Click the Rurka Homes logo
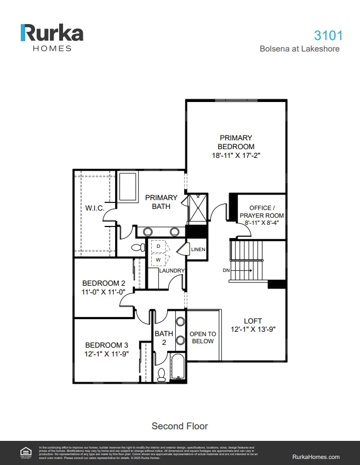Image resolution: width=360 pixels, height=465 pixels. point(52,37)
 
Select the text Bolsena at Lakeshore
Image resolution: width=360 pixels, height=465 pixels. point(299,49)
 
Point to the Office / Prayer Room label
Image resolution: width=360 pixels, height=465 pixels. point(262,212)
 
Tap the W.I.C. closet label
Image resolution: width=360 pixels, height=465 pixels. point(95,208)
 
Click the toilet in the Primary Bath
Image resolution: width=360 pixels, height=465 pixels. point(137,248)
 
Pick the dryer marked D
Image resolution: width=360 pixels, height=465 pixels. point(158,247)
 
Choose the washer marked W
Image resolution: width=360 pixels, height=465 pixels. point(158,259)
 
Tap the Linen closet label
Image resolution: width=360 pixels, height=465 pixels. point(198,250)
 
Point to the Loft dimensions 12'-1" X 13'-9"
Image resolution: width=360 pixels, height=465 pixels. point(253,330)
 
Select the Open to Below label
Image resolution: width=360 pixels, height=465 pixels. point(203,337)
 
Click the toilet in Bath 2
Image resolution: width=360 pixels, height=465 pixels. point(162,375)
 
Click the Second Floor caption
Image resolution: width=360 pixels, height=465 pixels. point(180,426)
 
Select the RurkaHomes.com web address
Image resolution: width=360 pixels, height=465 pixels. point(316,457)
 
